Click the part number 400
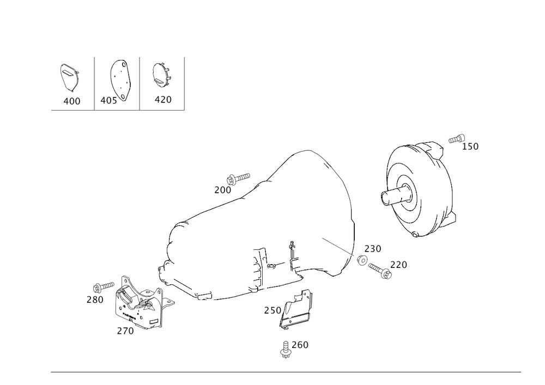[x=71, y=101]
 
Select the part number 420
[x=163, y=100]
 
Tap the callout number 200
[x=222, y=190]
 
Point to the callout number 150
[x=471, y=146]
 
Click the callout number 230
[x=372, y=249]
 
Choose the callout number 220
[x=399, y=265]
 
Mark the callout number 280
[x=95, y=299]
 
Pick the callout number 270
[x=125, y=330]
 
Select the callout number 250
[x=272, y=310]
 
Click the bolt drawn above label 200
[x=239, y=177]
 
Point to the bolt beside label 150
[x=456, y=139]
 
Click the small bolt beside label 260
[x=285, y=349]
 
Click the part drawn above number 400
[x=69, y=77]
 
